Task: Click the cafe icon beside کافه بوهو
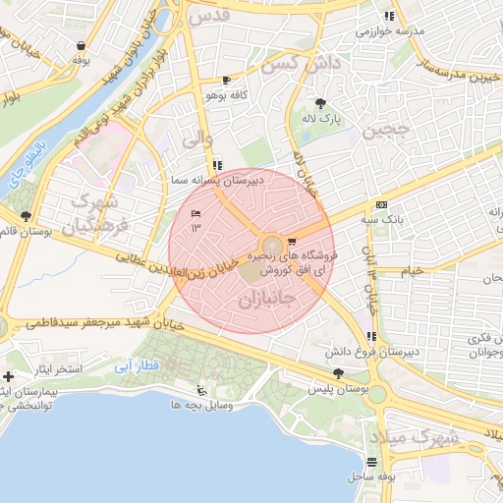point(227,81)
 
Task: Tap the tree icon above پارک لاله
point(321,103)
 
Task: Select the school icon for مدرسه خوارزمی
point(391,16)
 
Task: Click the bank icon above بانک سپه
point(381,204)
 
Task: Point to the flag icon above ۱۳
point(196,214)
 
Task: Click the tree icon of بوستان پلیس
point(339,373)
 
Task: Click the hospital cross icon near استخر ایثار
point(9,377)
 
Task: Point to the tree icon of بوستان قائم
point(26,216)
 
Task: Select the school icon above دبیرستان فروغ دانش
point(370,338)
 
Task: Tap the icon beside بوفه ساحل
point(370,462)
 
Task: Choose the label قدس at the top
point(210,17)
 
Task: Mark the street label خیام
point(413,269)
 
